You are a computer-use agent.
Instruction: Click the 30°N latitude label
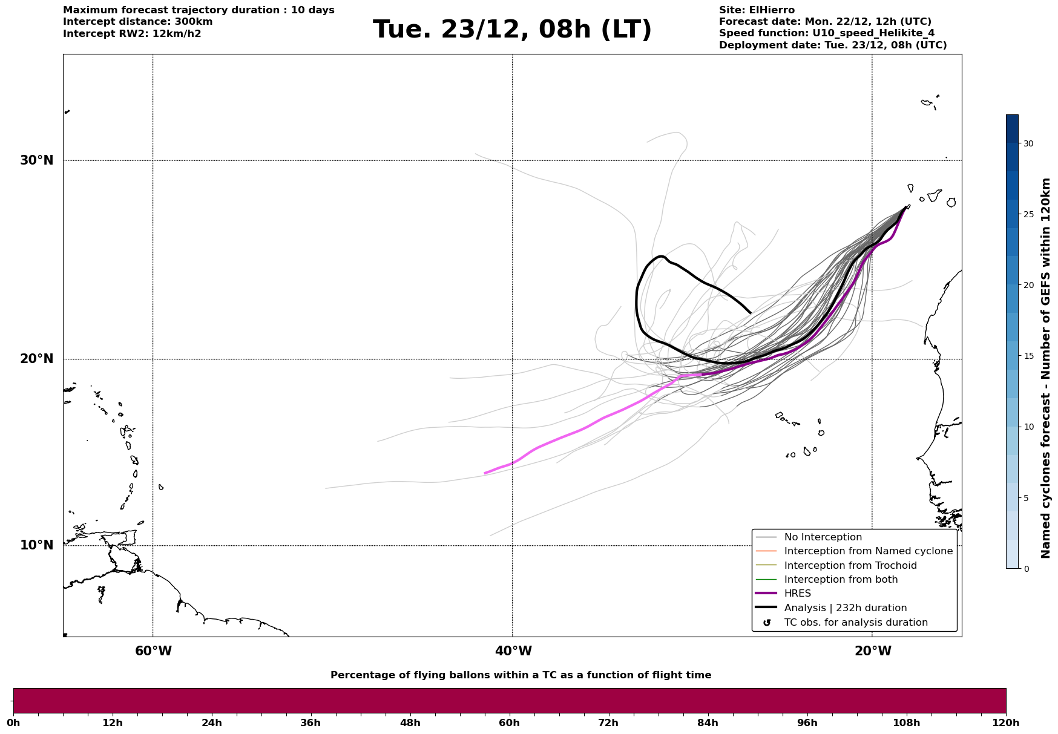[x=36, y=160]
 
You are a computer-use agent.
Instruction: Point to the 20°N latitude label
[x=36, y=359]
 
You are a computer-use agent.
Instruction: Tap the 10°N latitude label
[x=36, y=545]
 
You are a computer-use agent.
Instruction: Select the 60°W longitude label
[x=153, y=651]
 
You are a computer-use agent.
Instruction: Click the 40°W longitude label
[x=513, y=651]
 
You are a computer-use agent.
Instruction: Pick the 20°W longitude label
[x=873, y=651]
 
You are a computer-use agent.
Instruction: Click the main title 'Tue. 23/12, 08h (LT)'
[x=512, y=29]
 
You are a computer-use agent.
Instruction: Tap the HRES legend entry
[x=797, y=594]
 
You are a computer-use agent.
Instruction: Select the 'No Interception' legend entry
[x=823, y=537]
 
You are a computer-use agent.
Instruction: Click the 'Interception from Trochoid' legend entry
[x=850, y=566]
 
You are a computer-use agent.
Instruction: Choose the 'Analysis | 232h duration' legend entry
[x=845, y=608]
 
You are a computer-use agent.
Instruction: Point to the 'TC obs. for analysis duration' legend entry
[x=855, y=623]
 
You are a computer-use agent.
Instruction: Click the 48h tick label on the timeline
[x=410, y=723]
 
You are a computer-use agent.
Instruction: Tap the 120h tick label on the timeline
[x=1005, y=723]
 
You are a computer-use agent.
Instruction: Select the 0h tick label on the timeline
[x=13, y=723]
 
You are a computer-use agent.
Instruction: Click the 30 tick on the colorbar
[x=1028, y=143]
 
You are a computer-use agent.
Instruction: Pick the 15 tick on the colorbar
[x=1028, y=356]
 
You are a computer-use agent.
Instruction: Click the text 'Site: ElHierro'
[x=757, y=10]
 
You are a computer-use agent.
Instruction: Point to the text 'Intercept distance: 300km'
[x=137, y=22]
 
